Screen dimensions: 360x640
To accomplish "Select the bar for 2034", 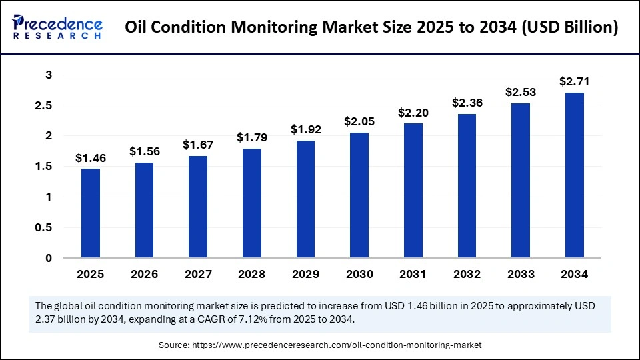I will coord(575,175).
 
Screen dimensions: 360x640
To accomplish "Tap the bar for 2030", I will coord(359,195).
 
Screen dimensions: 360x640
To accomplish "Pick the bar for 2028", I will coord(252,203).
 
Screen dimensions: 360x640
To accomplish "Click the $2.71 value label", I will coord(575,81).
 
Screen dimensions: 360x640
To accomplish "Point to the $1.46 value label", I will coord(91,158).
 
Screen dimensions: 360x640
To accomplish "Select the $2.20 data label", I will coord(413,113).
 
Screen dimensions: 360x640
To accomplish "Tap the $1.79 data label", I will coord(252,138).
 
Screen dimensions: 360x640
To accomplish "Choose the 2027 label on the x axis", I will coord(198,274).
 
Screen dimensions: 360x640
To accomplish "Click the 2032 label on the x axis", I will coord(467,274).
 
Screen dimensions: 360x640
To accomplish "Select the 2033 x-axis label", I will coord(521,274).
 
